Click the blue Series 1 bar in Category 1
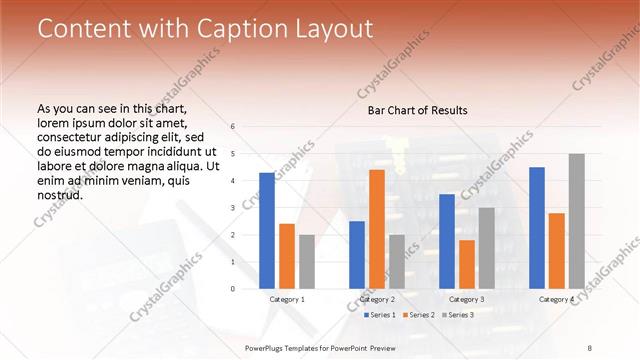(x=267, y=231)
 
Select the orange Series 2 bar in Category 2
(x=377, y=229)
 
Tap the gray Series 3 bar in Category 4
(x=576, y=221)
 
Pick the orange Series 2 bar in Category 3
(x=466, y=264)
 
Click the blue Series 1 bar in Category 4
(x=536, y=228)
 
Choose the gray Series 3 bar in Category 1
(x=306, y=262)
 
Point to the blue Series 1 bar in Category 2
(x=357, y=255)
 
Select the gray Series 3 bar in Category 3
(x=486, y=248)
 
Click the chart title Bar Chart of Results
(x=411, y=110)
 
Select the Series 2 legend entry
(x=416, y=315)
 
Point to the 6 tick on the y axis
(x=232, y=127)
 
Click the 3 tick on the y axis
(x=232, y=208)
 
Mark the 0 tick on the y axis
(x=232, y=289)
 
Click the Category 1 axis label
(x=287, y=299)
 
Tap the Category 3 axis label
(x=466, y=299)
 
